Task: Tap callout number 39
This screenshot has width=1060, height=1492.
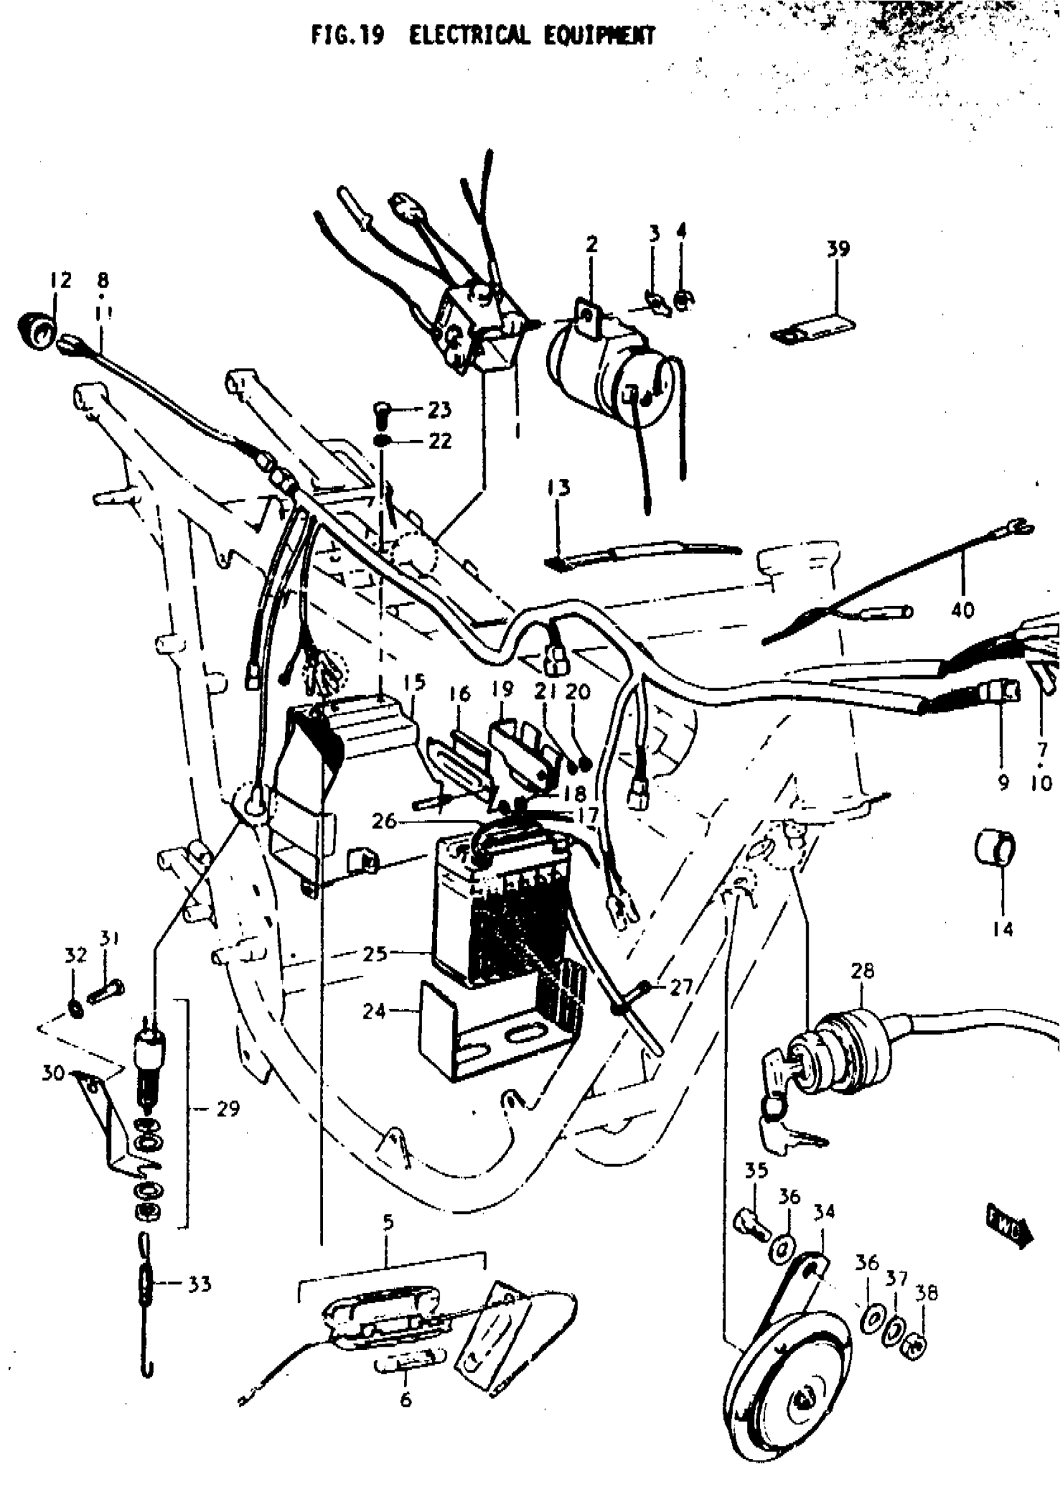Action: [x=838, y=250]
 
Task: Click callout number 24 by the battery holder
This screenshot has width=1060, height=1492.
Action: [x=374, y=1011]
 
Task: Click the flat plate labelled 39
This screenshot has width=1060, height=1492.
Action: [x=814, y=329]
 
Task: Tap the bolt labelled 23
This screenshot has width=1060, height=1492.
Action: [x=380, y=410]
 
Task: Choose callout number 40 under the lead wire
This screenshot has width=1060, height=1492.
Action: [x=963, y=610]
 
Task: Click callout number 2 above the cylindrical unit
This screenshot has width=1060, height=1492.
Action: [x=591, y=246]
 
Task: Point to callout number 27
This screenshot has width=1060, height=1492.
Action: [x=680, y=987]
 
